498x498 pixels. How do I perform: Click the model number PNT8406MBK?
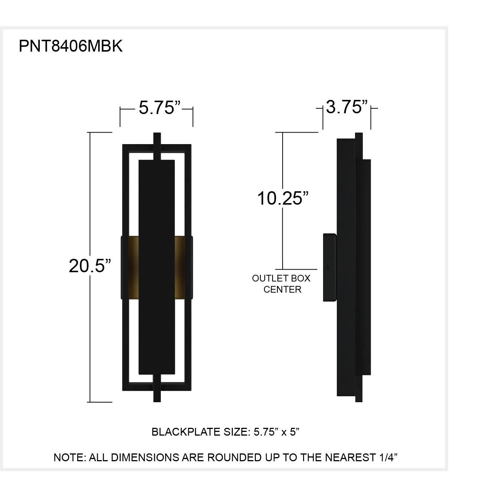(71, 46)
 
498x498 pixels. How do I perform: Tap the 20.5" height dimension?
(90, 266)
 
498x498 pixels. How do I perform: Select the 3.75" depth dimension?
(346, 107)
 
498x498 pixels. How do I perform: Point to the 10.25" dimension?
(283, 198)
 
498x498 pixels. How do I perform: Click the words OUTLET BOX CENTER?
(281, 284)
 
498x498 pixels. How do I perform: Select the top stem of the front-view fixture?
(157, 146)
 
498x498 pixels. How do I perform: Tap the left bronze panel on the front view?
(130, 267)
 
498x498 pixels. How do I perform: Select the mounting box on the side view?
(329, 267)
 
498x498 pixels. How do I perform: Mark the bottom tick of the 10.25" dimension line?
(296, 269)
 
